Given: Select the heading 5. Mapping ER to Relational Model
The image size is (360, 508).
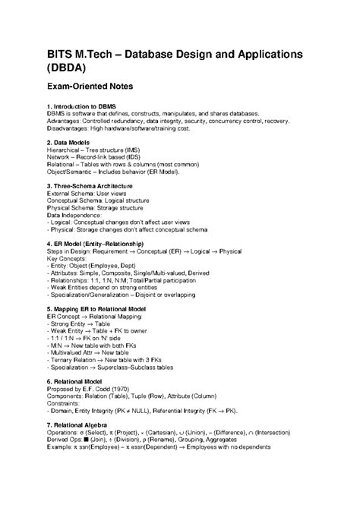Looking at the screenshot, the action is point(109,309).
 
